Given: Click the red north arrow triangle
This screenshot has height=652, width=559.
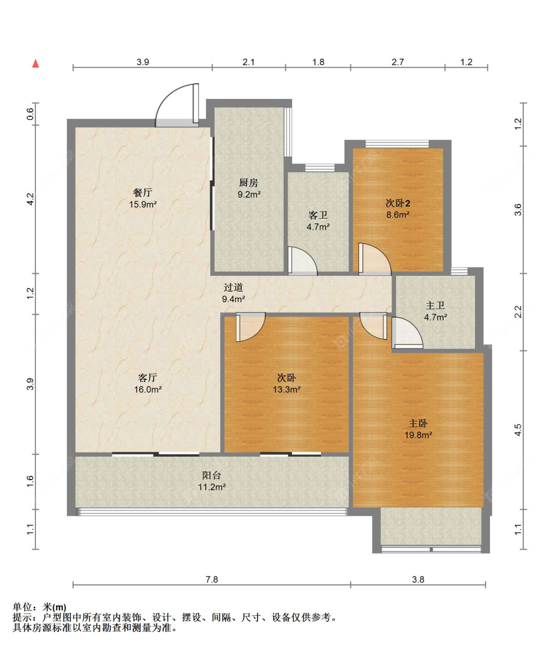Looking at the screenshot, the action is pos(36,64).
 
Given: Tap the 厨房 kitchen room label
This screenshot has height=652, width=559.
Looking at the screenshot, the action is pos(248,182).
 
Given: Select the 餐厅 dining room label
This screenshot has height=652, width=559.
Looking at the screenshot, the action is pos(143,192).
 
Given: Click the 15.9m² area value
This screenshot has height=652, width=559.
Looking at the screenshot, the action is pos(143,204).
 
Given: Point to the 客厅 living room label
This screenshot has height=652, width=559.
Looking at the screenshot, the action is pos(148,377).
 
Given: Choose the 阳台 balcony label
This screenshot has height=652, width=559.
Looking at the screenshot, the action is pos(211,475).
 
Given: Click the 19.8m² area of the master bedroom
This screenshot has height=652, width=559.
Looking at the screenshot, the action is pos(418,435).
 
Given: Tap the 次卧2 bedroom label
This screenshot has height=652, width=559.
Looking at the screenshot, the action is pos(398,203).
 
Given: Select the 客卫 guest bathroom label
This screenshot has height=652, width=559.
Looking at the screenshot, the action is pos(318,215).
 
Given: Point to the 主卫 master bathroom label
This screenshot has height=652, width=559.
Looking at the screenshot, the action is pos(435,305).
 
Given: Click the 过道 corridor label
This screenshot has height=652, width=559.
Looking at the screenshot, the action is pos(234,287).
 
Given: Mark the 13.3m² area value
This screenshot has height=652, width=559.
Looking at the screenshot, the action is pos(286,390).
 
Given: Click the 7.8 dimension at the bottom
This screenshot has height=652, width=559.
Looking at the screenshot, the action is pos(212,579).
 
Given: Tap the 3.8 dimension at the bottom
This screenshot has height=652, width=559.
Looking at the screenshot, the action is pos(418,579).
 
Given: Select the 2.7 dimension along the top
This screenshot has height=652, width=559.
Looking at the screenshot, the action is pos(398,62).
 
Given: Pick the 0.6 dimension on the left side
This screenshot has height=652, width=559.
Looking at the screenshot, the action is pos(30,114).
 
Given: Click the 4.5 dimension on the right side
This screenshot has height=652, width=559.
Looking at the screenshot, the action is pos(518,430).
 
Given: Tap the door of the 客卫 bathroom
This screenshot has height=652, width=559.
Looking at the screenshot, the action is pos(302,261).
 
